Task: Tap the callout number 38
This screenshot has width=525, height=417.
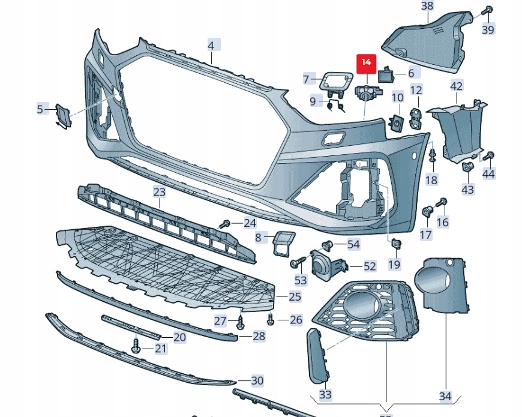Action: click(427, 7)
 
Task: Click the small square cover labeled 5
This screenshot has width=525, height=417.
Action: click(63, 114)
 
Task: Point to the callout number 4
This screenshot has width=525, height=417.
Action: click(211, 45)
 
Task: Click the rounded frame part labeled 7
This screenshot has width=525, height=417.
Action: click(336, 80)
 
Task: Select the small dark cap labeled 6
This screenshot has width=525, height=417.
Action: click(385, 75)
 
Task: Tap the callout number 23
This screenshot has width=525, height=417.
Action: click(159, 192)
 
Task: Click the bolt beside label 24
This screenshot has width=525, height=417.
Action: click(225, 224)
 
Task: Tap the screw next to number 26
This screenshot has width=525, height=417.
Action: click(270, 319)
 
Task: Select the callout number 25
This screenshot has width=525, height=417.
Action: click(295, 296)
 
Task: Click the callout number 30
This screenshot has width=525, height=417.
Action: click(257, 380)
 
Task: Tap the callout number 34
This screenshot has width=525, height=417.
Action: click(445, 397)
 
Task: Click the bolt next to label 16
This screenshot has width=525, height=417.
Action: click(443, 202)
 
